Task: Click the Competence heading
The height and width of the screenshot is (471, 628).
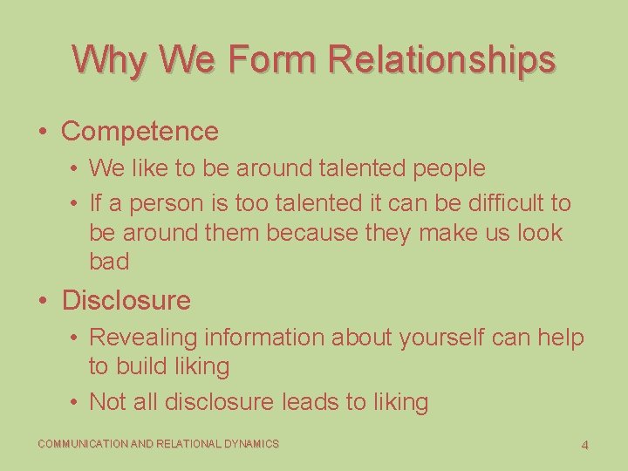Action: coord(140,132)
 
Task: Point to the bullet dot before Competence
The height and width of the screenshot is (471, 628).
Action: coord(43,132)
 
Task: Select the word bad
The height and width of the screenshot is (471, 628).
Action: coord(109,262)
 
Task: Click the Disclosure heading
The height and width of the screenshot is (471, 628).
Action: coord(126,301)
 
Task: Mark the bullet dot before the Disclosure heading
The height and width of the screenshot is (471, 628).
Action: coord(43,301)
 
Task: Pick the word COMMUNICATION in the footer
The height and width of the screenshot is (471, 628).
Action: coord(82,444)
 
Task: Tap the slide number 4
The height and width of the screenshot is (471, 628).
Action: coord(584,446)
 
